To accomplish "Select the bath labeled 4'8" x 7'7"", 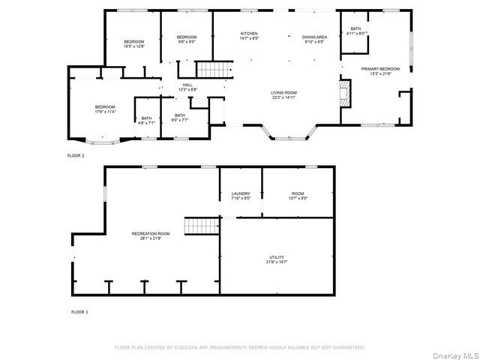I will pyautogui.click(x=146, y=120).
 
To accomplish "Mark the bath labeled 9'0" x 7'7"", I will pyautogui.click(x=180, y=118).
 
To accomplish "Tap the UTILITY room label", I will pyautogui.click(x=277, y=260).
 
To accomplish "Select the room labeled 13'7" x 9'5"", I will pyautogui.click(x=298, y=196).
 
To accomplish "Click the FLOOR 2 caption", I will pyautogui.click(x=76, y=155).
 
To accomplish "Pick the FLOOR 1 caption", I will pyautogui.click(x=79, y=311).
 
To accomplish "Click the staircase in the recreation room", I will pyautogui.click(x=200, y=225).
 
